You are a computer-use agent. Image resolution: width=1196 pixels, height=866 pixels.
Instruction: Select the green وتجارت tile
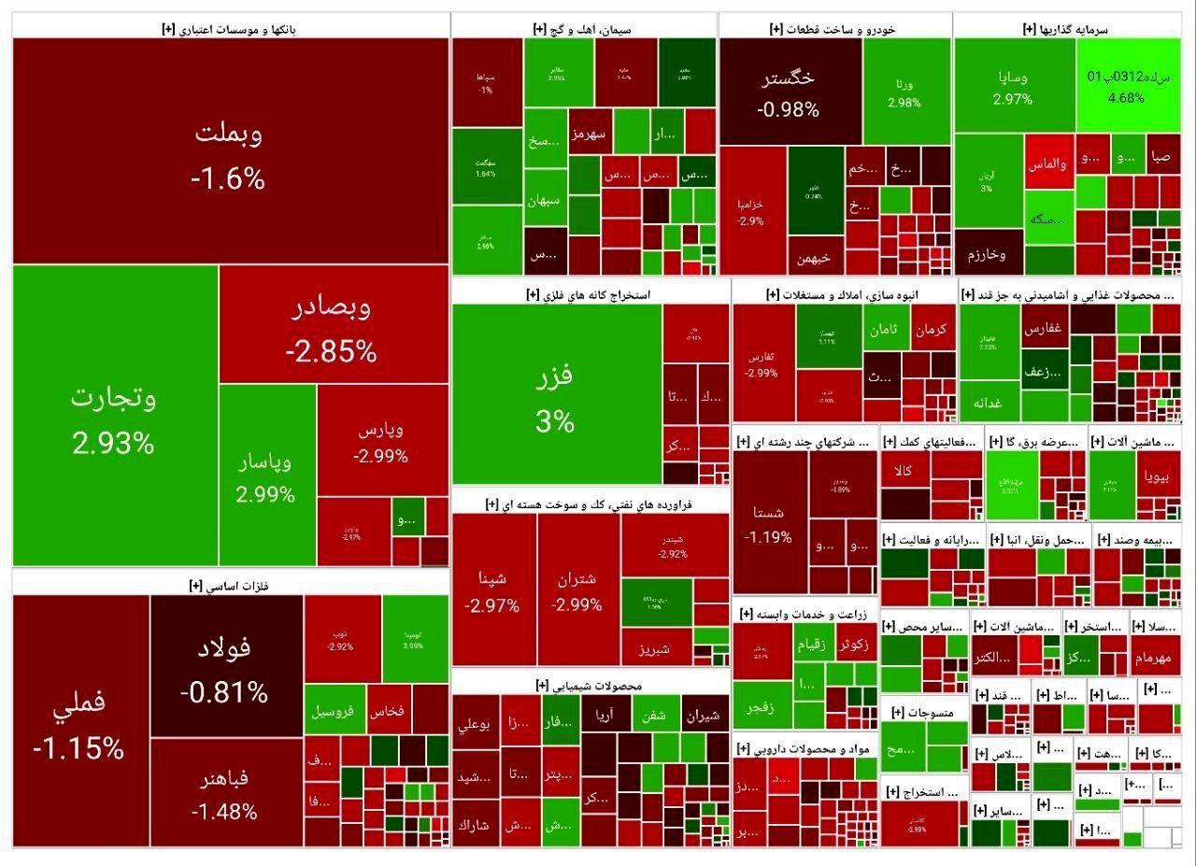coord(114,417)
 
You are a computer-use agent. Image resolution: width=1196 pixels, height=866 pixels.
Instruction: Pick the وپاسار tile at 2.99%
coord(266,476)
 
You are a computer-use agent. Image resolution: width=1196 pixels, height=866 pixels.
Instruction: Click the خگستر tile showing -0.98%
coord(789,92)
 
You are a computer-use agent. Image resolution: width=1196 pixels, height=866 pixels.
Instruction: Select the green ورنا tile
coord(904,92)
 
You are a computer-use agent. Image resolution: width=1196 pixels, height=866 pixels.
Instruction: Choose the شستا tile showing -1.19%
coord(769,523)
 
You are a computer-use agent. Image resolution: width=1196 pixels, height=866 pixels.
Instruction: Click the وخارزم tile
coord(988,254)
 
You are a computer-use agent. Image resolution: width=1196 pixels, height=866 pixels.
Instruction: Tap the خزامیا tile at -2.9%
coord(751,211)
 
